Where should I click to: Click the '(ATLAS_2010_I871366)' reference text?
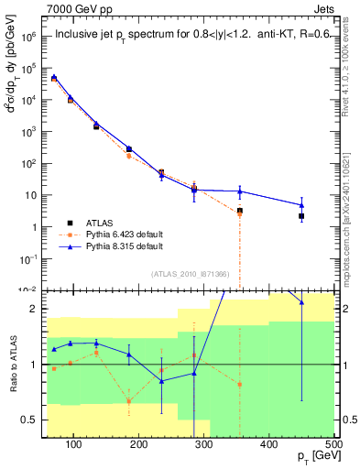pos(191,275)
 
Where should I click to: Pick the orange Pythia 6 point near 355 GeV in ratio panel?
pos(240,384)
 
